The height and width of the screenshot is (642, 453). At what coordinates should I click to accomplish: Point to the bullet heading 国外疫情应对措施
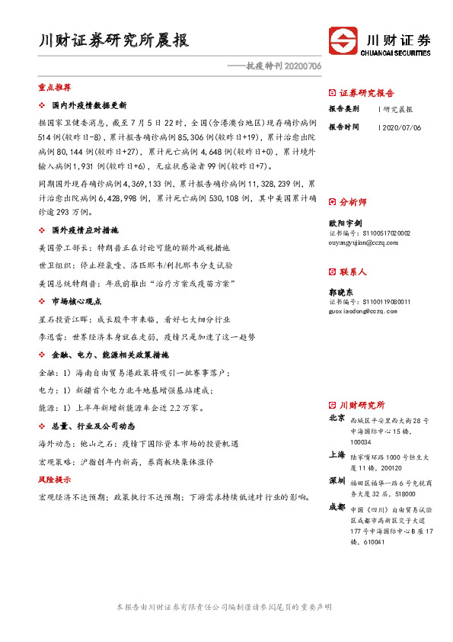click(85, 230)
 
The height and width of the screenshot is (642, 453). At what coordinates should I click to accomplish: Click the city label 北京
click(337, 419)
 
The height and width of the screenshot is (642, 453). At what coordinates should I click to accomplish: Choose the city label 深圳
click(337, 480)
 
